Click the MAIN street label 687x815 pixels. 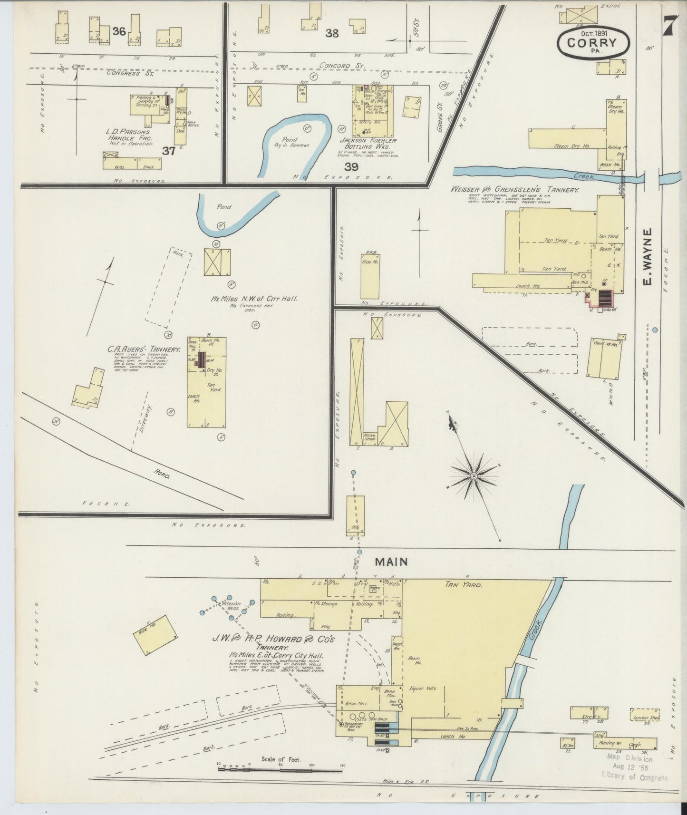pos(391,562)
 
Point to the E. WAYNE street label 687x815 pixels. pos(646,257)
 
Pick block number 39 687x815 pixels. pos(351,167)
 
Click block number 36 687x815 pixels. pos(119,31)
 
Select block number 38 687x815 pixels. pos(332,33)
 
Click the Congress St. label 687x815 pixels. pos(123,73)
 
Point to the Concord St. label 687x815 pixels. pos(338,66)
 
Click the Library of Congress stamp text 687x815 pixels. pos(634,778)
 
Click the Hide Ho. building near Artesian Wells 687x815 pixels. pos(155,635)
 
